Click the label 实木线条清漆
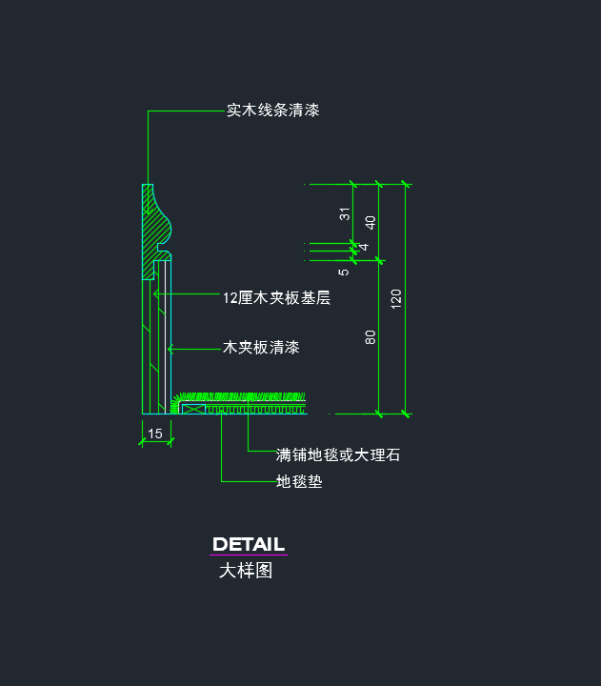click(273, 111)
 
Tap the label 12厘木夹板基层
click(276, 298)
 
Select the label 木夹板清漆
click(261, 348)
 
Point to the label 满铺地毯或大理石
click(338, 455)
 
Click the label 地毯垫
click(299, 481)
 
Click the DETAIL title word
click(249, 544)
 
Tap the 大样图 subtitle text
click(246, 571)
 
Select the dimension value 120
click(395, 299)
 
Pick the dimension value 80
click(371, 337)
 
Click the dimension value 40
click(371, 223)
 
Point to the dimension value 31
click(345, 214)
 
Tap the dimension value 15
click(155, 434)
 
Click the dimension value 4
click(364, 247)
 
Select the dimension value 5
click(344, 272)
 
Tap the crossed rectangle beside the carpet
click(193, 409)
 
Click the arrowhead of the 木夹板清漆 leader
click(170, 349)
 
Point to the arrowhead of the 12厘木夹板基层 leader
click(155, 293)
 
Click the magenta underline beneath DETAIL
click(249, 555)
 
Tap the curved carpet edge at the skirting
click(175, 402)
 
